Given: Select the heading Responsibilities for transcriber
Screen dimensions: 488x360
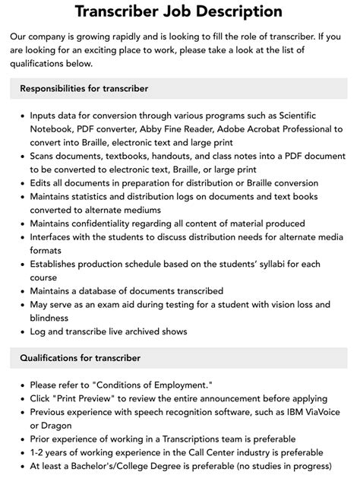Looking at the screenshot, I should [x=84, y=88].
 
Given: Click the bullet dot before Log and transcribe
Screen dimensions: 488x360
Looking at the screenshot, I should [x=22, y=331].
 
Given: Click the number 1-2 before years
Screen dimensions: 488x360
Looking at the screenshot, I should [x=39, y=452].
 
